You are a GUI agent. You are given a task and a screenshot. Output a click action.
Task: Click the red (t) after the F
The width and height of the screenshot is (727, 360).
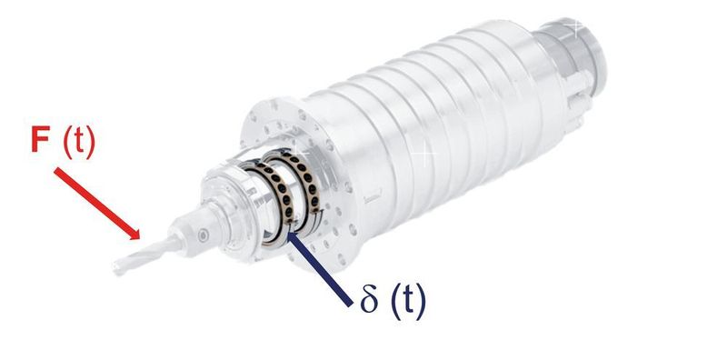click(x=79, y=141)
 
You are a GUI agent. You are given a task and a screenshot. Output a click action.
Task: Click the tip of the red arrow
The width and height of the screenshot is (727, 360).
click(x=140, y=239)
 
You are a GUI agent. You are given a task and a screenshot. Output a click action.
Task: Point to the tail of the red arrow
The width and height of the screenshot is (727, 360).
click(x=55, y=170)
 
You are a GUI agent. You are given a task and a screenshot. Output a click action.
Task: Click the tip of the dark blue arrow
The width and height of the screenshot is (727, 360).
click(x=287, y=231)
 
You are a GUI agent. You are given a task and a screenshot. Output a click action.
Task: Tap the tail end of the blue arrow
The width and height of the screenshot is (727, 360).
click(x=350, y=305)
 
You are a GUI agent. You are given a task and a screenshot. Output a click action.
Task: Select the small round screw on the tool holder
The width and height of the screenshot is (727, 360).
click(x=203, y=235)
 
